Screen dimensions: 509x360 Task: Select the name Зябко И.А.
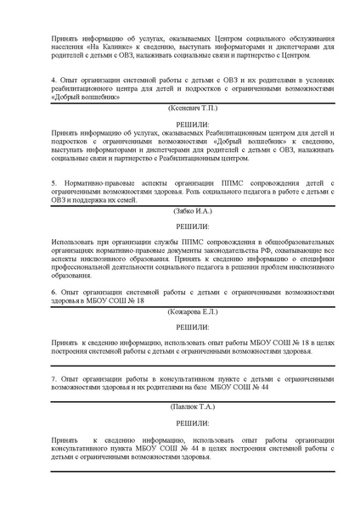(x=179, y=210)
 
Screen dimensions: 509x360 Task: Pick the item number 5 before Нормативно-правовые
(x=53, y=182)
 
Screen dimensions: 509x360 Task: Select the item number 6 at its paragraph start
(x=53, y=291)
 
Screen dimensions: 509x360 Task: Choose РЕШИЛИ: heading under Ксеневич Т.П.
(x=179, y=124)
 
